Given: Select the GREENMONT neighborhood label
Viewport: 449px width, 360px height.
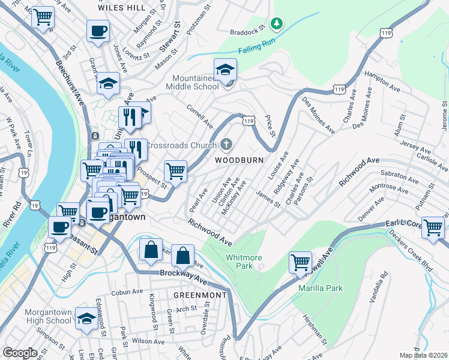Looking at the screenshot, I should pos(200,295).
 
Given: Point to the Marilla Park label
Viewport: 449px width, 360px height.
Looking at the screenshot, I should pos(321,288).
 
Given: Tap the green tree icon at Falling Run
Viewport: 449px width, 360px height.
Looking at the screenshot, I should pos(276,24).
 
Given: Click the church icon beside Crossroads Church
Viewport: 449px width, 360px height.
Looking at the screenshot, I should pos(226,145).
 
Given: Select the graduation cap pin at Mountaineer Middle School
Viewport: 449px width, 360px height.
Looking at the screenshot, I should pos(226,70).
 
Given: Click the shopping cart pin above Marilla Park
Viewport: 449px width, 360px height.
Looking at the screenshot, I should pos(300,262).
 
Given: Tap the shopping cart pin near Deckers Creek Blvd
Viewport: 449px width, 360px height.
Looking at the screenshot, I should pos(433,227).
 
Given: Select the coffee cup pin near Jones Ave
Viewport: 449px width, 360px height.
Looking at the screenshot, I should pos(98,30).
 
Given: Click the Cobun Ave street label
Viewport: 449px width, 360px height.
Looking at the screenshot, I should pos(127,292).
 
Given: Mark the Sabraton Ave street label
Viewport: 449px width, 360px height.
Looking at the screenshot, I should pos(399,175).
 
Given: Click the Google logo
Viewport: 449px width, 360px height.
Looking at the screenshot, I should pos(20,352).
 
